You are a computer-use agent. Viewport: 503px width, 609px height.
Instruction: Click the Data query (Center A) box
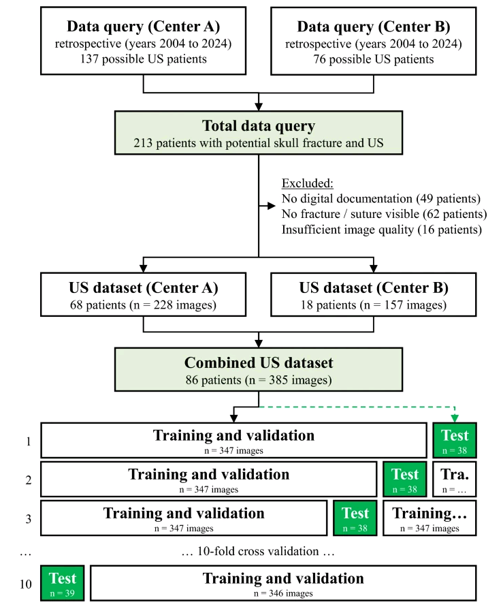click(143, 41)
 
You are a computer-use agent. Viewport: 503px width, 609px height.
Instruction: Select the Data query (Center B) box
click(374, 41)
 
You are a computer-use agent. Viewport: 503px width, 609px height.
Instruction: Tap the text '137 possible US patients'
click(143, 59)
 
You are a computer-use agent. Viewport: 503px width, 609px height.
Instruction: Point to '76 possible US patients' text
click(374, 59)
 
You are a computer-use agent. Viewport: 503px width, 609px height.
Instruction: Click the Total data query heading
click(259, 127)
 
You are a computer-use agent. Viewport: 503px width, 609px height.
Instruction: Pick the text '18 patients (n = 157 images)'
click(374, 305)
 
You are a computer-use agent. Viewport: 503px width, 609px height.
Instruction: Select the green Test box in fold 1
click(455, 440)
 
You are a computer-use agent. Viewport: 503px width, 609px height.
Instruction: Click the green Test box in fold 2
click(405, 479)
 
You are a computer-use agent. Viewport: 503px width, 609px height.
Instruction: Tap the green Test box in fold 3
click(355, 518)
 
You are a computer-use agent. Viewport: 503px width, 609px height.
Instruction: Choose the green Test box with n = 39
click(63, 583)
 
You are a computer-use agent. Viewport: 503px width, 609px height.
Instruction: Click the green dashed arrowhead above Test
click(455, 418)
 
